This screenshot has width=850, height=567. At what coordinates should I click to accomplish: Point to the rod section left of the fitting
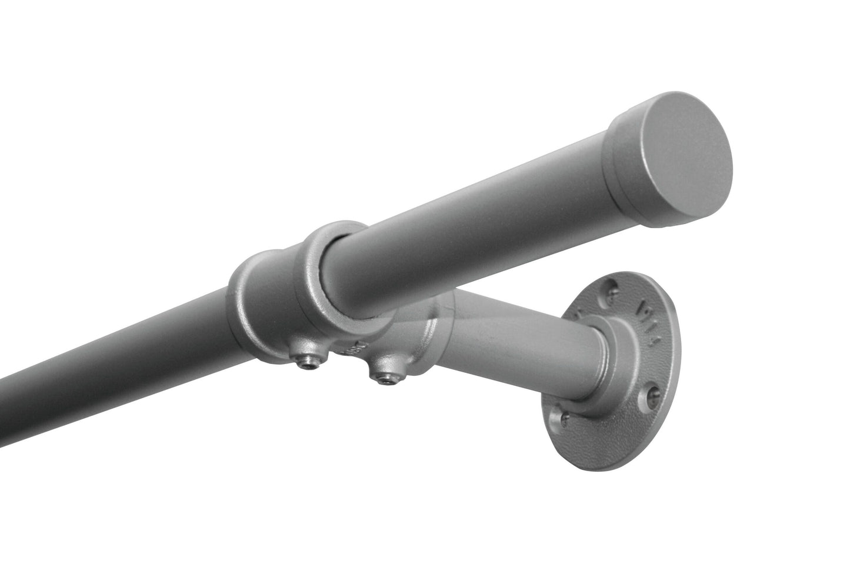click(118, 335)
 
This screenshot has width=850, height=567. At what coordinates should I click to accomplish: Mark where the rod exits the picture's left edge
click(3, 388)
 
